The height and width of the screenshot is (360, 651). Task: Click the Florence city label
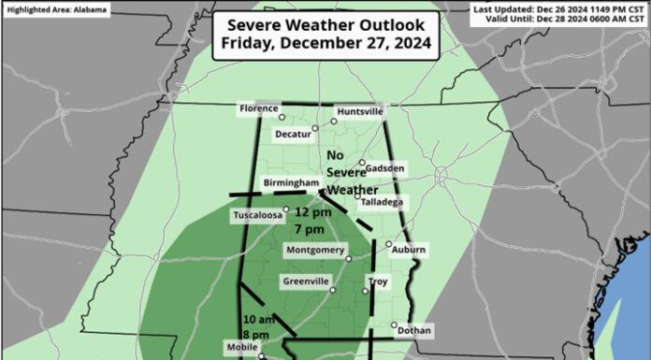point(258,108)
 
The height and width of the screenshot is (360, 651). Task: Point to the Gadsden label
point(385,168)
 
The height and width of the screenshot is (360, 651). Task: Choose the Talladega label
point(380,202)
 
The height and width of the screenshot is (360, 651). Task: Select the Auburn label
point(409,250)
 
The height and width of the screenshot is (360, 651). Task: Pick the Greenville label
point(305,281)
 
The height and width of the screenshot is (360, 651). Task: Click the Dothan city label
point(414,330)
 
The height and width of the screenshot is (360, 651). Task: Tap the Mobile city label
point(239,346)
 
